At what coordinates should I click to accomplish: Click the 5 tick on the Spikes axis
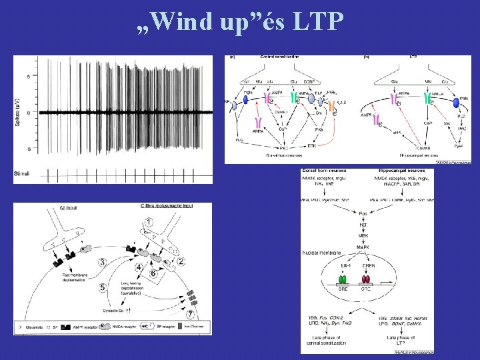pos(29,76)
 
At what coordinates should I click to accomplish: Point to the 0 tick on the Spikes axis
pos(29,112)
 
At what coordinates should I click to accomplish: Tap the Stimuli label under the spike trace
pos(23,174)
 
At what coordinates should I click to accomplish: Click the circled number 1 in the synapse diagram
pos(157,221)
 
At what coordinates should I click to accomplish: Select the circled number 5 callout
pos(103,288)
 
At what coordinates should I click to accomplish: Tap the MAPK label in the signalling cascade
pos(363,248)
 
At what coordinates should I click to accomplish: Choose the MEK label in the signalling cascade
pos(363,235)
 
